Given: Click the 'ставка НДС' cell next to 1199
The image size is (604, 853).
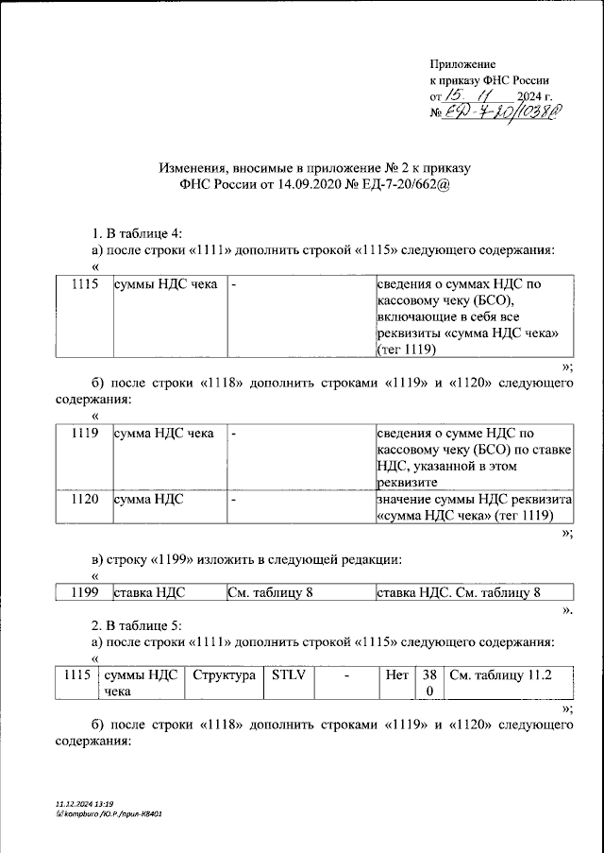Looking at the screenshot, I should pos(149,592).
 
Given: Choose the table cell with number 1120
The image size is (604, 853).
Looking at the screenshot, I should pos(85,499).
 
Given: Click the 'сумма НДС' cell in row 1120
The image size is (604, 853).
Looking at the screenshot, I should pos(149,499).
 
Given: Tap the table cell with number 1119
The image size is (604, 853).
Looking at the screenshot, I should pos(85,434).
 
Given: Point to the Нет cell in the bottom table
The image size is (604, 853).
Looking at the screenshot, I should pos(396,675).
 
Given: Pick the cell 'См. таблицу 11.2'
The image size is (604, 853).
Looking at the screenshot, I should pos(499,675).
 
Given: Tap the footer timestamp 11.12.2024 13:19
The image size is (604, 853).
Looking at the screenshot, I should pos(91,802).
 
